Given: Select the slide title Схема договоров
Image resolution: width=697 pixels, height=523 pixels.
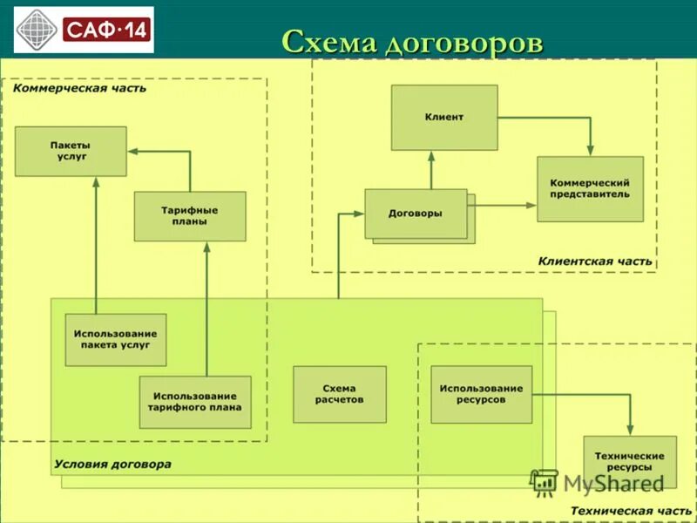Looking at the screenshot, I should pyautogui.click(x=412, y=41).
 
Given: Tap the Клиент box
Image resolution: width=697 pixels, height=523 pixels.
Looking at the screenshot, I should pyautogui.click(x=444, y=117).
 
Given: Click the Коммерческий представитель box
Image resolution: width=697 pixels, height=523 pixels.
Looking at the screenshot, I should pyautogui.click(x=590, y=188).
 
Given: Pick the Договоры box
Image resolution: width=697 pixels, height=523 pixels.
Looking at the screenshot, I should pyautogui.click(x=416, y=214).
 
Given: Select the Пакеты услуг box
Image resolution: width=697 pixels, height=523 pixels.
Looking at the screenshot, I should pyautogui.click(x=71, y=151).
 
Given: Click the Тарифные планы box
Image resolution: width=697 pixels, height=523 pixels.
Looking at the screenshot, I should pyautogui.click(x=190, y=215).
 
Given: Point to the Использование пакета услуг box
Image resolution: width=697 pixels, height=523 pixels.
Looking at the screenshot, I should pyautogui.click(x=115, y=339).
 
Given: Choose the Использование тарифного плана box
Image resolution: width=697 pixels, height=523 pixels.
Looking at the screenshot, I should pyautogui.click(x=195, y=402).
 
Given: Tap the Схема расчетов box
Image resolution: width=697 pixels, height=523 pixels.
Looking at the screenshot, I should pyautogui.click(x=339, y=394).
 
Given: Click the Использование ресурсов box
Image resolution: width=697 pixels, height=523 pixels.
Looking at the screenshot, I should pyautogui.click(x=481, y=394).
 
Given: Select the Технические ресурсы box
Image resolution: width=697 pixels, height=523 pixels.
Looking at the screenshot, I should pyautogui.click(x=629, y=462).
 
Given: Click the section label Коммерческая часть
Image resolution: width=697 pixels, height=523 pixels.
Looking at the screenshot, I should pyautogui.click(x=79, y=88).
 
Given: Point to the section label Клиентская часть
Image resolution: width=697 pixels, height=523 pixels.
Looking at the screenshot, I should pyautogui.click(x=594, y=261).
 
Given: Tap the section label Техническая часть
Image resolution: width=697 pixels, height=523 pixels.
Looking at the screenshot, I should pyautogui.click(x=631, y=510).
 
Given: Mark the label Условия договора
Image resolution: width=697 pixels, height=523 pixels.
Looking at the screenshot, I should pyautogui.click(x=112, y=465).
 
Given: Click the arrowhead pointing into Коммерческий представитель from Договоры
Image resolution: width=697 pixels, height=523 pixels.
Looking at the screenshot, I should pyautogui.click(x=531, y=205).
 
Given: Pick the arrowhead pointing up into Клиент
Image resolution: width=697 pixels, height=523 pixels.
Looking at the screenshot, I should pyautogui.click(x=432, y=155).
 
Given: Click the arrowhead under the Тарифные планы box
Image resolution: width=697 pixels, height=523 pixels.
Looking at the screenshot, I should pyautogui.click(x=207, y=247).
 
